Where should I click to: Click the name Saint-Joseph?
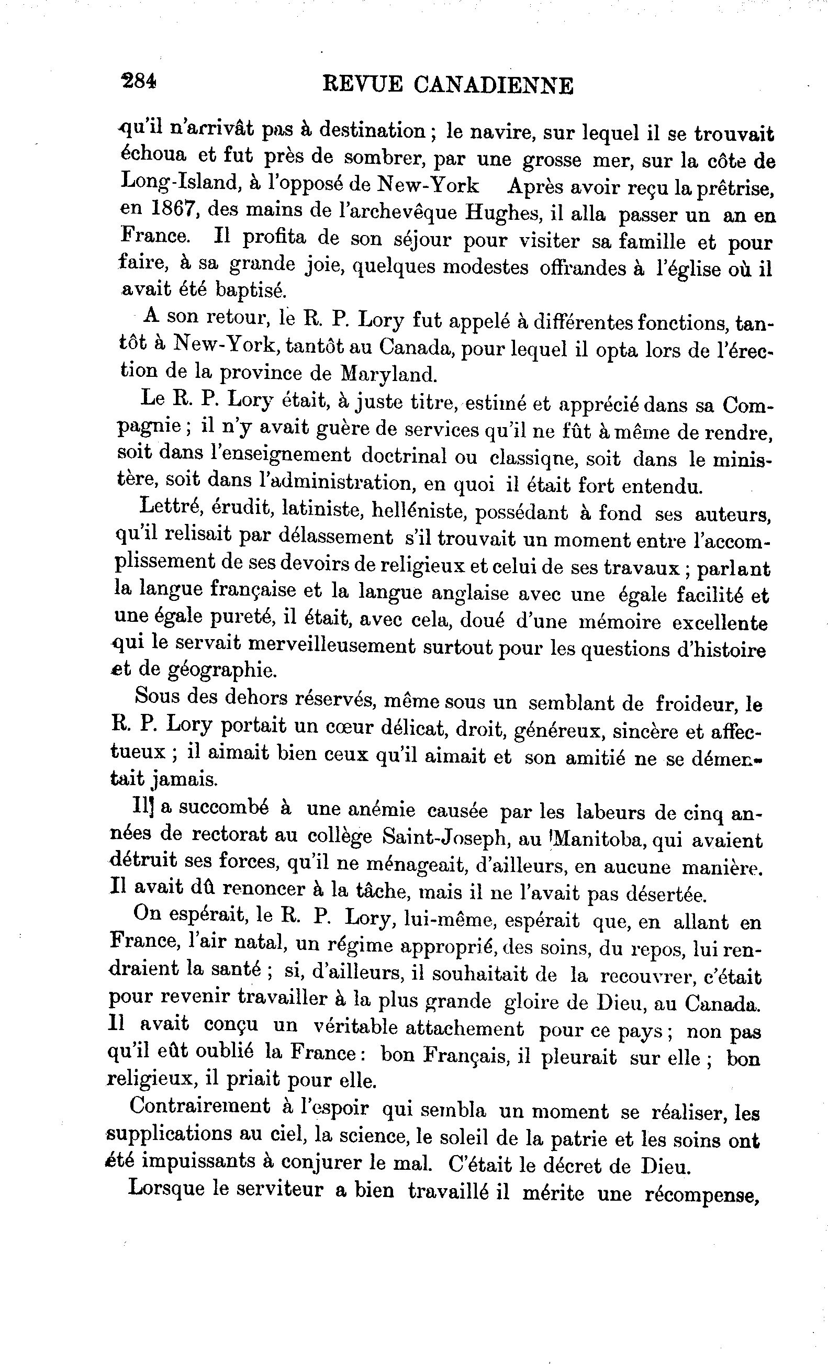444,837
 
